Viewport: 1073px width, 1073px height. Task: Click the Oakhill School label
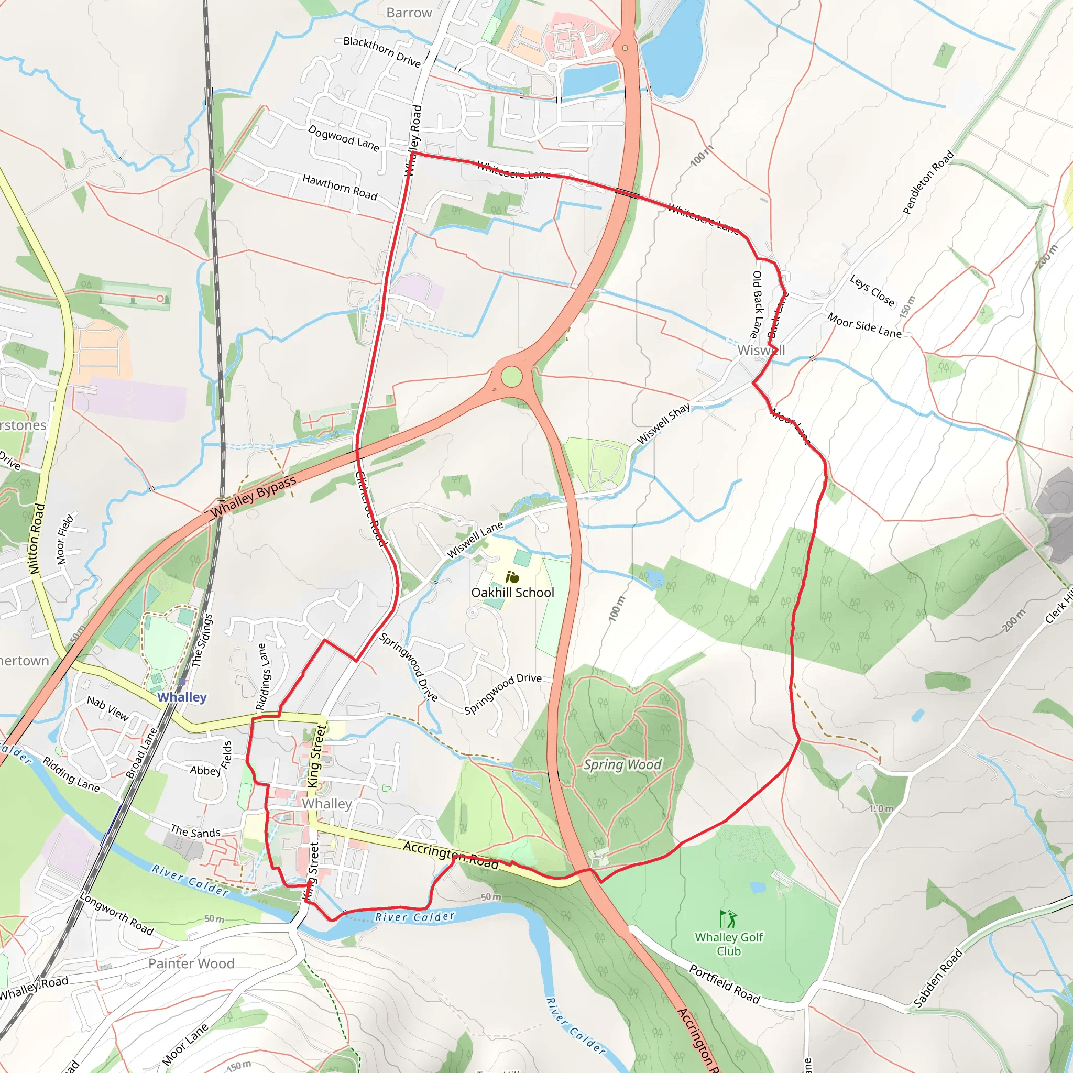[x=512, y=593]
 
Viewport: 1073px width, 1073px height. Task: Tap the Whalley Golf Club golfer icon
[x=728, y=919]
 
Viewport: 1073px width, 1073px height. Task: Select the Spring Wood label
[x=622, y=765]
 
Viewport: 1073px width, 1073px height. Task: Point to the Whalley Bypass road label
[x=254, y=498]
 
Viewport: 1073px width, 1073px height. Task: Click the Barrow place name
[x=409, y=13]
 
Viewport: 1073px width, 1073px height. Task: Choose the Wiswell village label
[x=761, y=351]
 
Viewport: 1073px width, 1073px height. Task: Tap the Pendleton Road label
[x=928, y=182]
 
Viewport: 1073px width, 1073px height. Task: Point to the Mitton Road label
[x=37, y=538]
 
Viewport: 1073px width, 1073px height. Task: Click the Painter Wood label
[x=191, y=963]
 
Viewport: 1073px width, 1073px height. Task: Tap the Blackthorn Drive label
[x=382, y=52]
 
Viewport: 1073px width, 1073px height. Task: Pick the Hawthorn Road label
[x=340, y=187]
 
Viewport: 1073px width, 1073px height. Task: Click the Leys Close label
[x=872, y=291]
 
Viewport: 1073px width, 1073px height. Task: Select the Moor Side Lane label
[x=864, y=325]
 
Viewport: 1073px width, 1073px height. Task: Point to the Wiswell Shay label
[x=663, y=424]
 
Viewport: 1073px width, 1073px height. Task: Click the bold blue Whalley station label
[x=182, y=697]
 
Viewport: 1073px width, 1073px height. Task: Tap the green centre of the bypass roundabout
[x=511, y=377]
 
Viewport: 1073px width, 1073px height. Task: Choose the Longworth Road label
[x=117, y=914]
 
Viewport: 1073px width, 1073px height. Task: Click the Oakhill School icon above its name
[x=512, y=577]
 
